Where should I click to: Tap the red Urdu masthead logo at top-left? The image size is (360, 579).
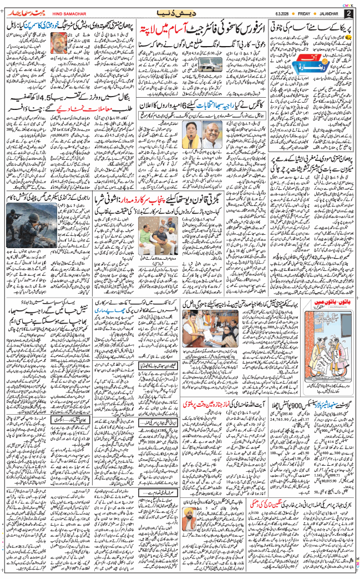point(22,12)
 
